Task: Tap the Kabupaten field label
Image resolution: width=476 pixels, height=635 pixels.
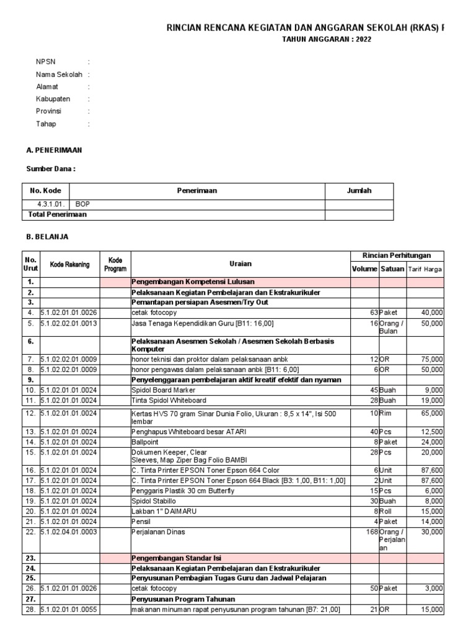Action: point(53,99)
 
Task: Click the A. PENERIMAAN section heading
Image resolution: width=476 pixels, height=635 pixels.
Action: point(54,150)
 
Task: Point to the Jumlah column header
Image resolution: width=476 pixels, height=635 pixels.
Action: point(359,191)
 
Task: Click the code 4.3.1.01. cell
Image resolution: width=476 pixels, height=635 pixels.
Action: point(48,203)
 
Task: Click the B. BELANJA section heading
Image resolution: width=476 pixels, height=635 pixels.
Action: point(47,237)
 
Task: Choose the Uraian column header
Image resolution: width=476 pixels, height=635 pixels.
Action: point(240,264)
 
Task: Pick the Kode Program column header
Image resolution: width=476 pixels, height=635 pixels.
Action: point(115,264)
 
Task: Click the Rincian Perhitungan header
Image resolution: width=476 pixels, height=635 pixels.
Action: point(397,255)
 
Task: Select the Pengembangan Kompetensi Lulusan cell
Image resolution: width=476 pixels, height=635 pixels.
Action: point(193,282)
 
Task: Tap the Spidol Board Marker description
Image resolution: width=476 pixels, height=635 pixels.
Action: point(164,390)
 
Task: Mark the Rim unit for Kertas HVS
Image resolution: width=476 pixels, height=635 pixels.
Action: point(386,412)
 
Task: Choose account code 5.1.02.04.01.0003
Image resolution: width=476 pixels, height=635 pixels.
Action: point(69,531)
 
